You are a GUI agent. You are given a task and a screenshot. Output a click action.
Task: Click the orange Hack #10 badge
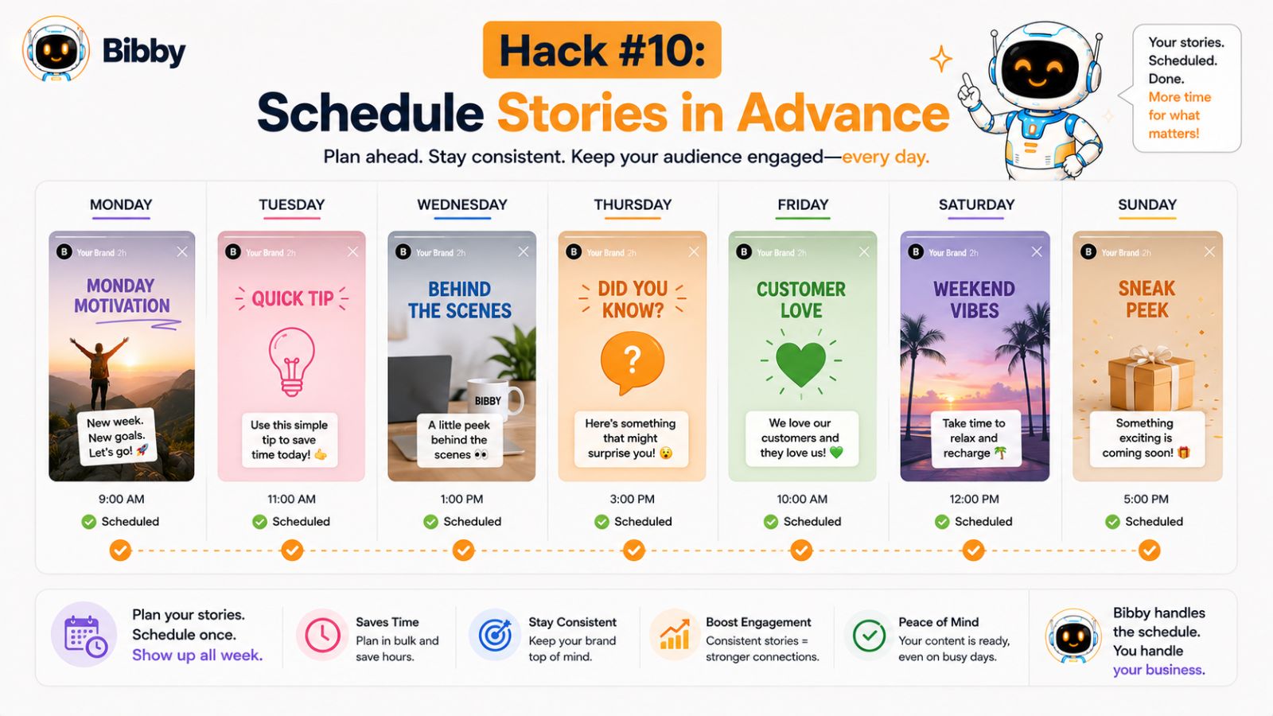[x=601, y=50]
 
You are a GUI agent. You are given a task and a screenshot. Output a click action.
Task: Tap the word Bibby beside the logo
[x=144, y=52]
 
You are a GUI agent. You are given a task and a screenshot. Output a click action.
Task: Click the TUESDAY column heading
[x=291, y=204]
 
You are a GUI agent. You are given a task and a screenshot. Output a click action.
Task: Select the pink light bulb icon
[x=291, y=362]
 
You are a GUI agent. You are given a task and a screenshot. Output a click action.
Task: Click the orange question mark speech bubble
[x=632, y=362]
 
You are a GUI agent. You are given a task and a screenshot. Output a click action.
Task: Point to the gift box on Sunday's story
[x=1143, y=378]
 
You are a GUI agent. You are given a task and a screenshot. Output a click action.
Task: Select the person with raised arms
[x=99, y=372]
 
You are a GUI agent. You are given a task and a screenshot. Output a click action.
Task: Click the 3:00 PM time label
[x=632, y=499]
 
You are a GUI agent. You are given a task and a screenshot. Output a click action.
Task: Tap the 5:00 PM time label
[x=1146, y=499]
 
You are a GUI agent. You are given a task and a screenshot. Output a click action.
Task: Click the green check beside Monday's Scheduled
[x=88, y=522]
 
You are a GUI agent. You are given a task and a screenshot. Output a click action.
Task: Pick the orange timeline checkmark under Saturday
[x=974, y=550]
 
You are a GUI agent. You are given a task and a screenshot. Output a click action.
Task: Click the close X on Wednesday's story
[x=523, y=251]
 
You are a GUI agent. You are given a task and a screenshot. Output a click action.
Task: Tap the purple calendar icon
[x=85, y=635]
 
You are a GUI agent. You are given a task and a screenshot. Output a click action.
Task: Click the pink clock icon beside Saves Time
[x=322, y=635]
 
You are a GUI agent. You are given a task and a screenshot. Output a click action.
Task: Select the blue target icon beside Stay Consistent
[x=495, y=635]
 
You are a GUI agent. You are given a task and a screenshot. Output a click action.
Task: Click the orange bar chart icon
[x=675, y=635]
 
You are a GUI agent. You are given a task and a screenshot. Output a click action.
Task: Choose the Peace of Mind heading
[x=938, y=622]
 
